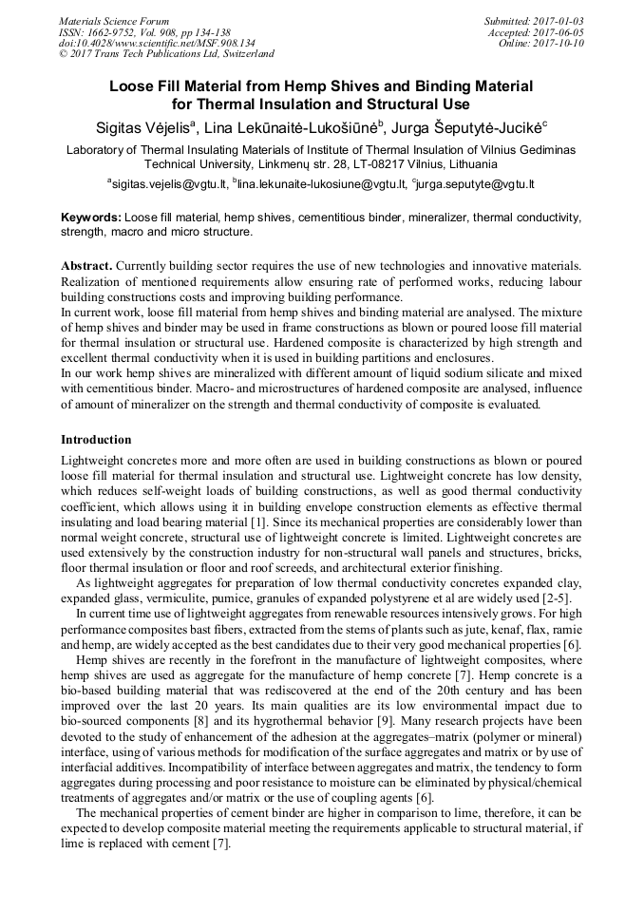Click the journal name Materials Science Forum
[x=114, y=20]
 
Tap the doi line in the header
[x=157, y=43]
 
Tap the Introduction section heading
[x=96, y=440]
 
